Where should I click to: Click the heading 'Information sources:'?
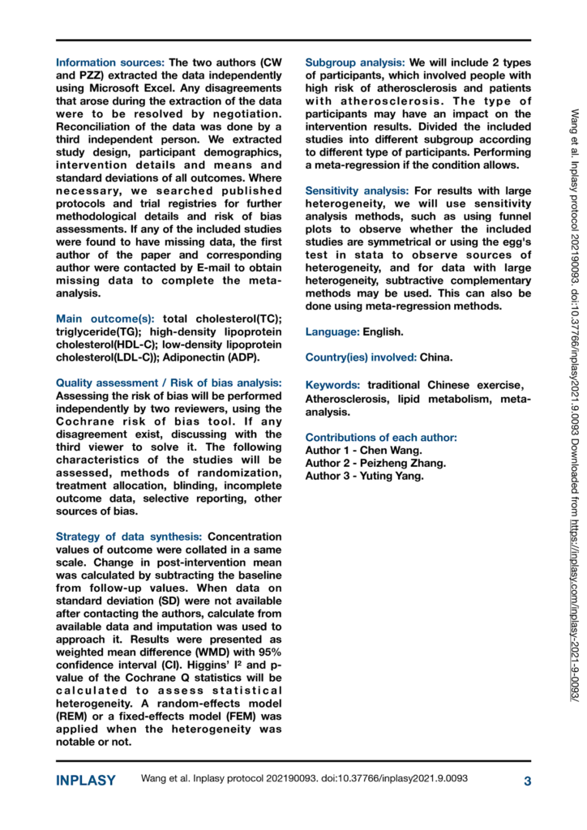110,62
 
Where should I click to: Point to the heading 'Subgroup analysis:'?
355,62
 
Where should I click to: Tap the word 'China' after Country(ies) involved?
437,357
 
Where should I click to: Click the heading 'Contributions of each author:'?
381,438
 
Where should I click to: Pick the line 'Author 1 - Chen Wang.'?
363,451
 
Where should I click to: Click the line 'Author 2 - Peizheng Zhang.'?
375,463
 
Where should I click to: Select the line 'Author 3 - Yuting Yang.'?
364,476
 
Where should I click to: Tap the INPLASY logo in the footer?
85,781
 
